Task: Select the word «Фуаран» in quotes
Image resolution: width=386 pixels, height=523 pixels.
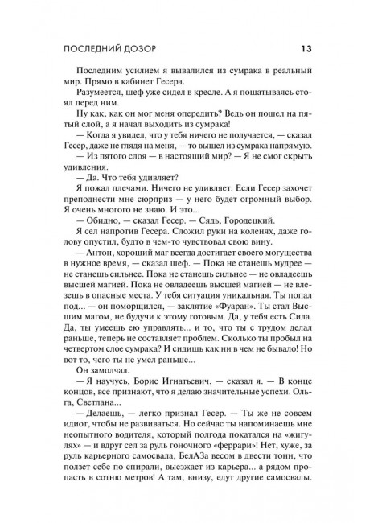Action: click(234, 308)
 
